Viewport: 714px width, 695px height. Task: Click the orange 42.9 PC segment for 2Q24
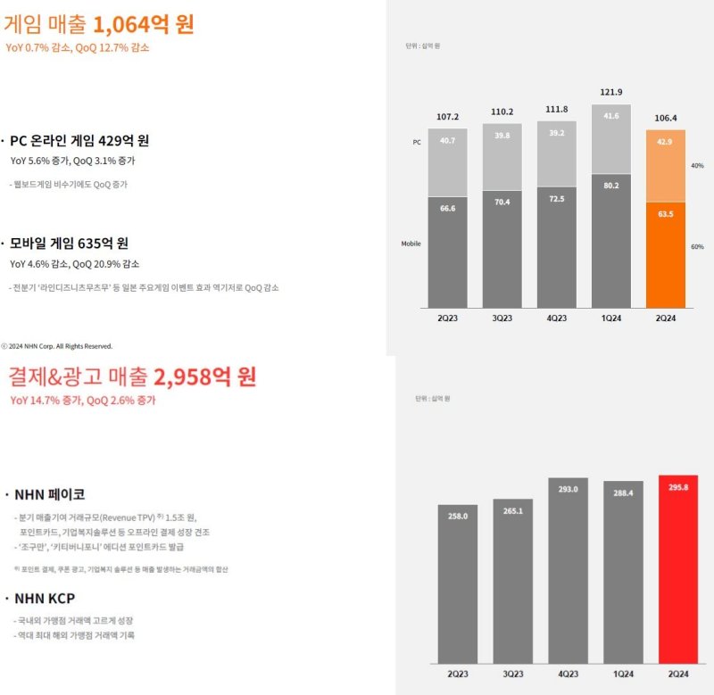pyautogui.click(x=665, y=166)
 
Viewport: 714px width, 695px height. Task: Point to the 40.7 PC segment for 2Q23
pyautogui.click(x=448, y=161)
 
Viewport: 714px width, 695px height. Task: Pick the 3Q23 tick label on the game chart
pyautogui.click(x=502, y=319)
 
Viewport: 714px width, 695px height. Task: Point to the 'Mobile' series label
pyautogui.click(x=411, y=244)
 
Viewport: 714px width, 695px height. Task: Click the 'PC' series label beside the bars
pyautogui.click(x=415, y=142)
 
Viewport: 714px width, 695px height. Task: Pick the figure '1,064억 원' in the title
pyautogui.click(x=143, y=24)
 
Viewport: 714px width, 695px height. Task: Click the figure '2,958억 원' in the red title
pyautogui.click(x=204, y=376)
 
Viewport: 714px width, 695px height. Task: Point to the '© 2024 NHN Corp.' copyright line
pyautogui.click(x=57, y=345)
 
